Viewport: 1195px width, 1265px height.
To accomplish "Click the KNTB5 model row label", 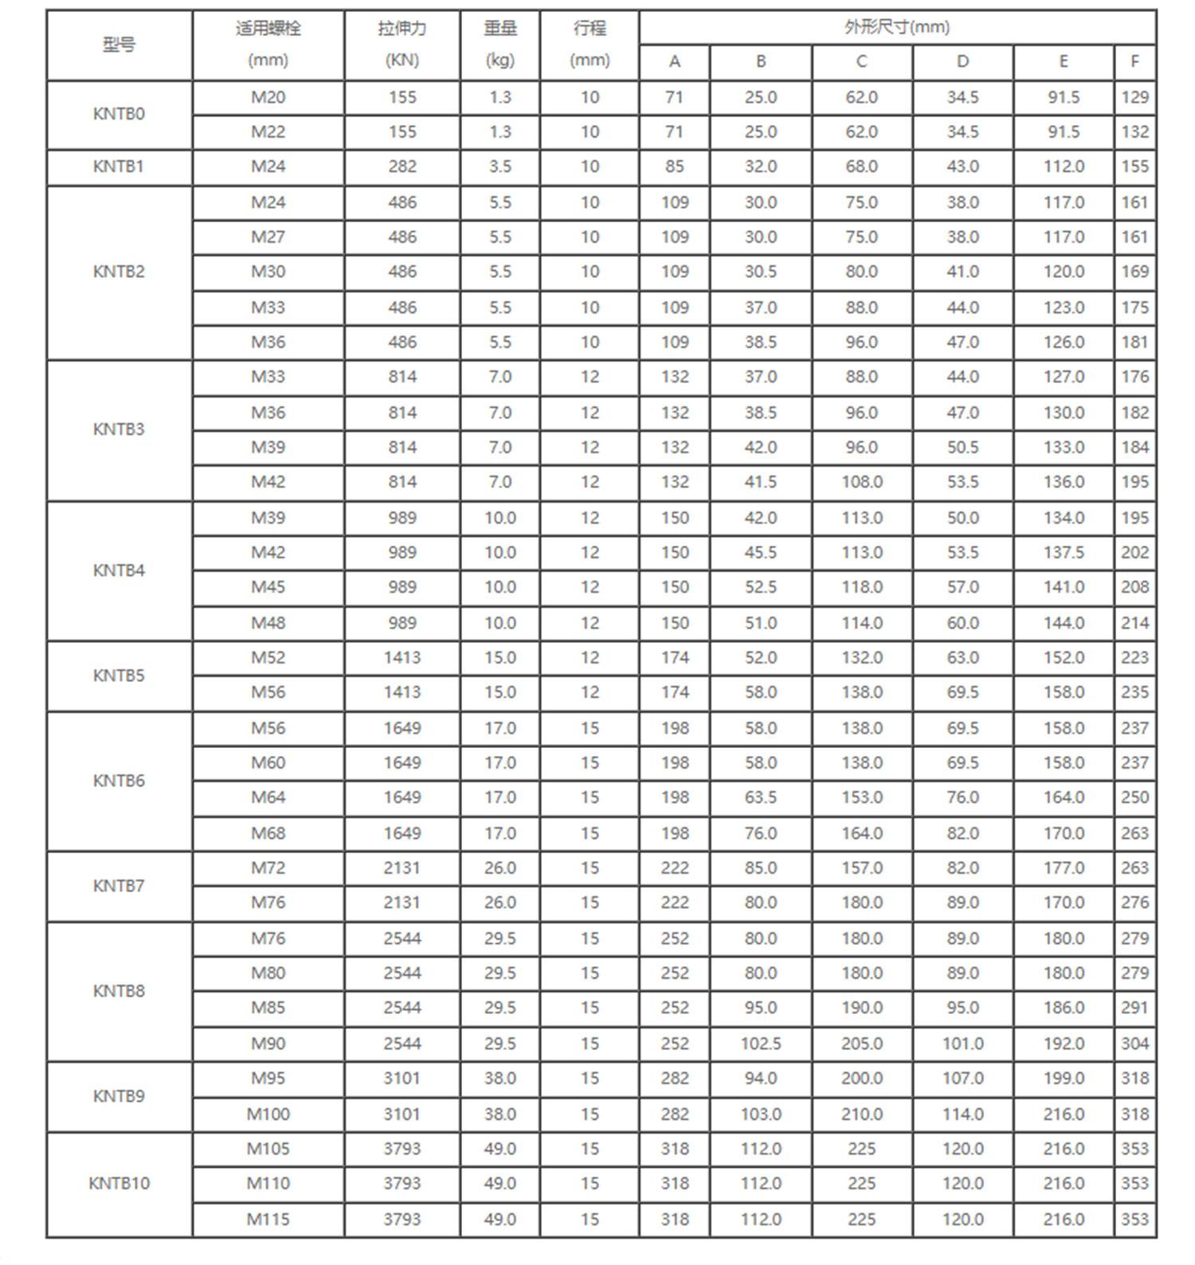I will pyautogui.click(x=119, y=676).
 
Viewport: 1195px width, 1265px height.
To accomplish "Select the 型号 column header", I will pyautogui.click(x=119, y=45).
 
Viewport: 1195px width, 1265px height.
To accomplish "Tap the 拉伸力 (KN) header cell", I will pyautogui.click(x=402, y=45).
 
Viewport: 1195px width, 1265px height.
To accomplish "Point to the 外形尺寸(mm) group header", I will pyautogui.click(x=897, y=27).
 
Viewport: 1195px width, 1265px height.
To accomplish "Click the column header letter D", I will pyautogui.click(x=962, y=61).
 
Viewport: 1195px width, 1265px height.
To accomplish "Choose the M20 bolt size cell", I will pyautogui.click(x=268, y=97).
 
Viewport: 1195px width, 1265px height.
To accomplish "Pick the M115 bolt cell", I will pyautogui.click(x=268, y=1219).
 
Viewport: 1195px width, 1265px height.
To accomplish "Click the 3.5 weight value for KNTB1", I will pyautogui.click(x=500, y=166).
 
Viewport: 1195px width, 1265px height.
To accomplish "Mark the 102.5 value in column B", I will pyautogui.click(x=761, y=1044).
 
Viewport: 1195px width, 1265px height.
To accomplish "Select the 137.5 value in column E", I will pyautogui.click(x=1064, y=552).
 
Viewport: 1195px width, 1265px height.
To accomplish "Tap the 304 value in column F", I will pyautogui.click(x=1134, y=1044).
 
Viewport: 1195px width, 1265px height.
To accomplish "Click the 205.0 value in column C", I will pyautogui.click(x=861, y=1044).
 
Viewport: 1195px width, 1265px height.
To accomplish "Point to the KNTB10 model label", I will pyautogui.click(x=119, y=1183).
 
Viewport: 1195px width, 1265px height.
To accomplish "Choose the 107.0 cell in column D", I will pyautogui.click(x=962, y=1078).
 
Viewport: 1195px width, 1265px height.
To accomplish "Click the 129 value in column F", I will pyautogui.click(x=1134, y=97).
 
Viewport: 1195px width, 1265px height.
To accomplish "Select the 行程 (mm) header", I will pyautogui.click(x=590, y=45).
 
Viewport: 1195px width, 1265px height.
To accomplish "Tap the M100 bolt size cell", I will pyautogui.click(x=268, y=1114).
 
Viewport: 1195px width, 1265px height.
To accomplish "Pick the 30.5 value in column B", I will pyautogui.click(x=761, y=272).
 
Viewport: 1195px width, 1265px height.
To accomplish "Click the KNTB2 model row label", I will pyautogui.click(x=119, y=272).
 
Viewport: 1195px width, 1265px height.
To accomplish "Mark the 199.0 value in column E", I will pyautogui.click(x=1064, y=1078).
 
